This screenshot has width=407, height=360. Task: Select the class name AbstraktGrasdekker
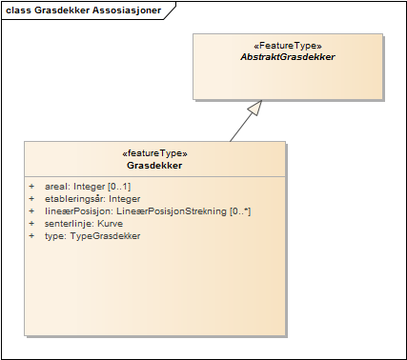[x=288, y=57]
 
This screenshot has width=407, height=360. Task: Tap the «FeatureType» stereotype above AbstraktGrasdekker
[x=288, y=45]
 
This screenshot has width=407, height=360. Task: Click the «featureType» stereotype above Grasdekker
[x=155, y=153]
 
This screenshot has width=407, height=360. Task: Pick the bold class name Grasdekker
[x=155, y=166]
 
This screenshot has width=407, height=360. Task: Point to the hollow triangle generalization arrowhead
[x=253, y=108]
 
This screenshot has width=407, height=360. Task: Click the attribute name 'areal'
[x=56, y=187]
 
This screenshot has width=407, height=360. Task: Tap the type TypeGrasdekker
[x=106, y=235]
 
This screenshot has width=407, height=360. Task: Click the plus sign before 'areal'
[x=31, y=187]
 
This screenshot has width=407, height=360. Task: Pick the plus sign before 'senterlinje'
[x=31, y=223]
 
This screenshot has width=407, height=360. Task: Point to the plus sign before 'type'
[x=31, y=235]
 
